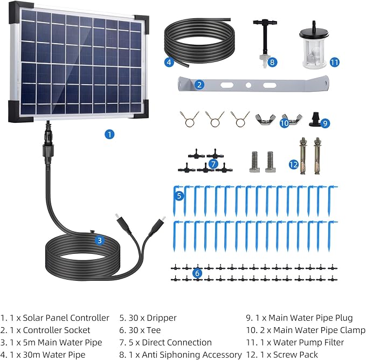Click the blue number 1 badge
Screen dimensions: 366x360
(x=109, y=134)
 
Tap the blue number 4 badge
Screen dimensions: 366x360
(x=169, y=62)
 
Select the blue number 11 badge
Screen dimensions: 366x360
(x=335, y=63)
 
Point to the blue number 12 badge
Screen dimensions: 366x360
(x=294, y=164)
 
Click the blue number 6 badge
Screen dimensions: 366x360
(x=197, y=273)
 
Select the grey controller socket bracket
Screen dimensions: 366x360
(x=253, y=84)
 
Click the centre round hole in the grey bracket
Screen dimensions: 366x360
(x=248, y=85)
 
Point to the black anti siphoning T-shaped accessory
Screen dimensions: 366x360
(x=265, y=42)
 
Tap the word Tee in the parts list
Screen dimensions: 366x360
(x=154, y=330)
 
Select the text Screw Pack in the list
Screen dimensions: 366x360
(x=295, y=355)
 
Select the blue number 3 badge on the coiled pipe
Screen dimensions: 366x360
(x=100, y=240)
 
